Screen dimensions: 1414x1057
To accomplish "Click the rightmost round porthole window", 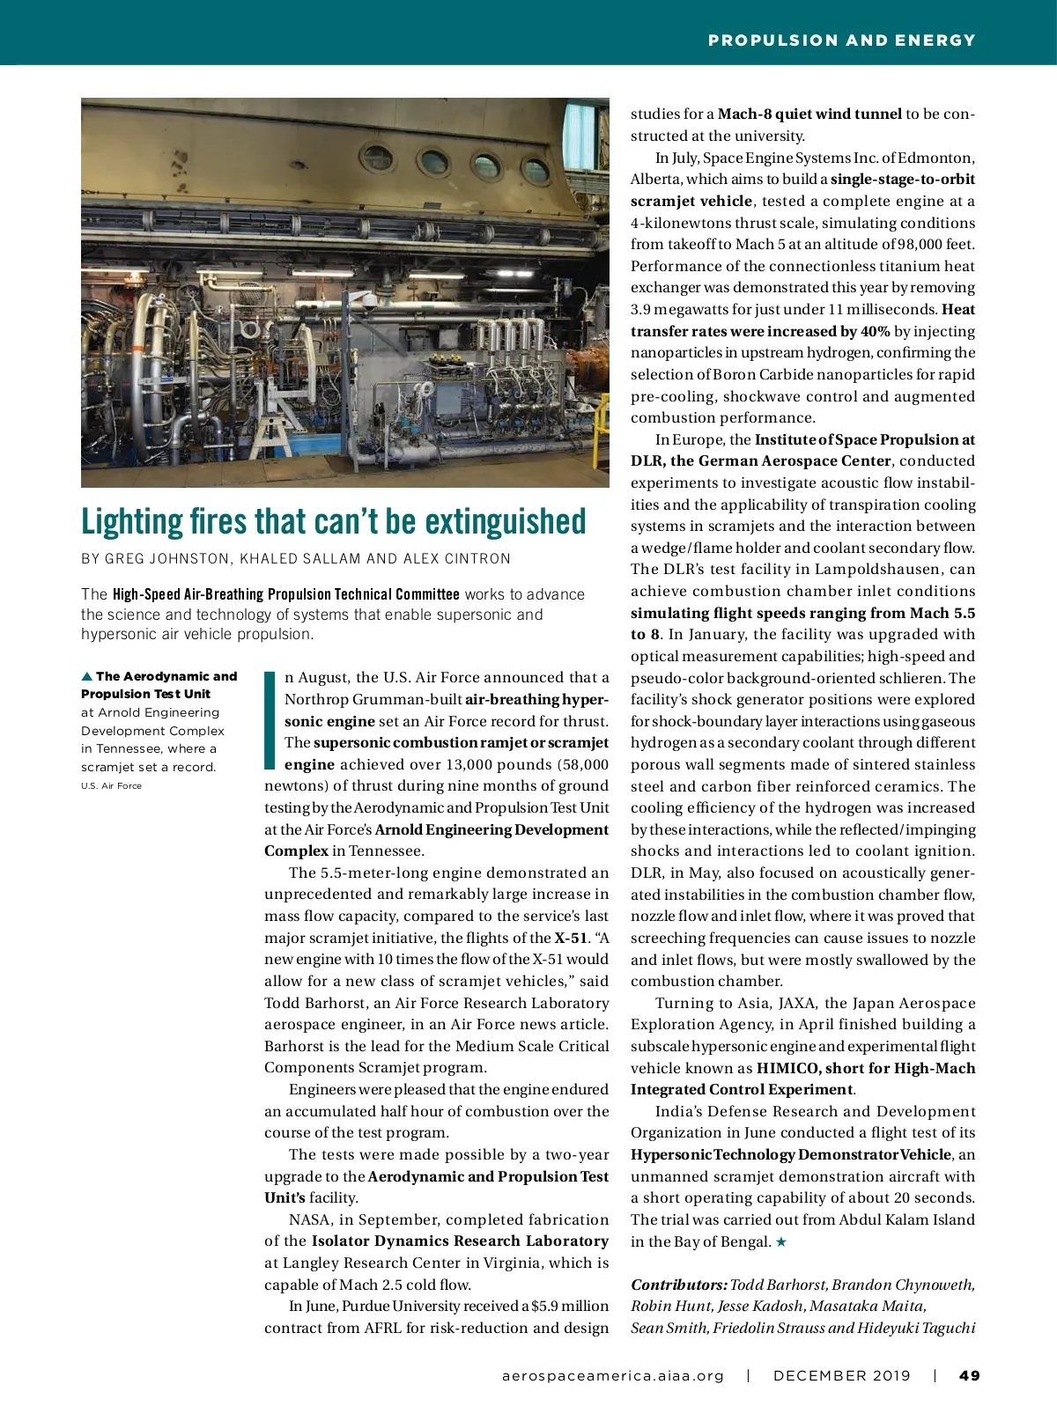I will coord(535,170).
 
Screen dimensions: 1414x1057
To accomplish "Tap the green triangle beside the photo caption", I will coord(86,676).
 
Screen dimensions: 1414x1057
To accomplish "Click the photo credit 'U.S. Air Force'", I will coord(111,785).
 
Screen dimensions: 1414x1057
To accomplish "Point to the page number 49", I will coord(969,1375).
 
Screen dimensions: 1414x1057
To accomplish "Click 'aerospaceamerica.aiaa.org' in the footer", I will coord(612,1375).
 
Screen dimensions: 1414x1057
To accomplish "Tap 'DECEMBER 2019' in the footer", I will coord(841,1375).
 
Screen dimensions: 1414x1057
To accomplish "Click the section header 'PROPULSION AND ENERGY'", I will coord(841,41).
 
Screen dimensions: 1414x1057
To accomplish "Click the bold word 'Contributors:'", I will coord(678,1285).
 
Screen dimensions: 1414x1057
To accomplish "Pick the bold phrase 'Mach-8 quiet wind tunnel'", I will coord(809,114).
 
